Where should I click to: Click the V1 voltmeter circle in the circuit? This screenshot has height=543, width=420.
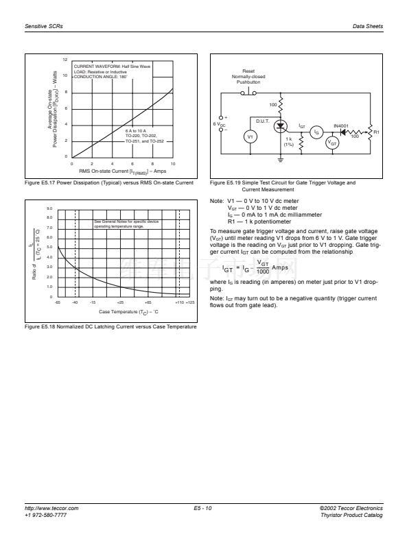click(250, 136)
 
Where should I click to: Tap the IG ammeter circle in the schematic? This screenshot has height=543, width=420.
click(316, 132)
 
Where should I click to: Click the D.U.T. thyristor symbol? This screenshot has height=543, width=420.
click(280, 127)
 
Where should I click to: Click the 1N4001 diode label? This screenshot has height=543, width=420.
click(340, 126)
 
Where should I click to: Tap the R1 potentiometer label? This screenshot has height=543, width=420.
click(377, 132)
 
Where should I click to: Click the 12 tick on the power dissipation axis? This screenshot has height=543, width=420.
click(65, 60)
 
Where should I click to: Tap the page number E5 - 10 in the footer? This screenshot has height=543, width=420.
click(205, 508)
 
